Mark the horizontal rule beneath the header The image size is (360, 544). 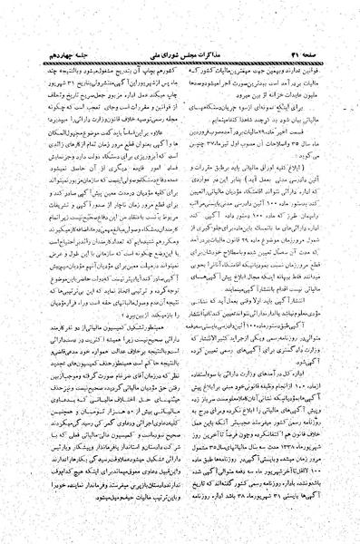(x=181, y=34)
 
